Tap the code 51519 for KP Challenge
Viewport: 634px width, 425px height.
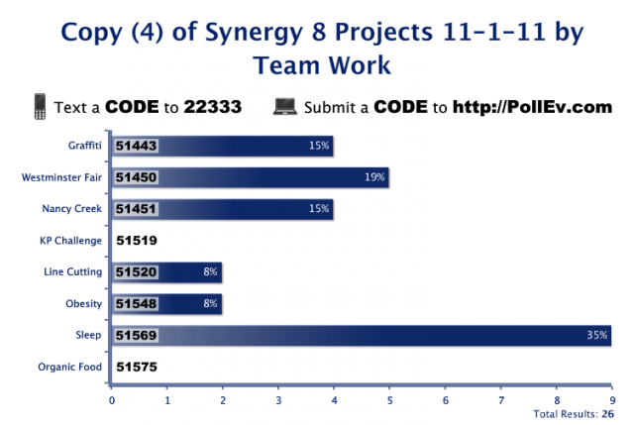(137, 240)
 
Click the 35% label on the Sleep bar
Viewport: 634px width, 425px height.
(596, 336)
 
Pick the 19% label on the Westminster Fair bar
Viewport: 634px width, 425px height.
(373, 177)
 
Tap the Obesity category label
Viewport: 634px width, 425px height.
(84, 303)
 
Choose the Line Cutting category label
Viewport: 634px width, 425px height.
(71, 271)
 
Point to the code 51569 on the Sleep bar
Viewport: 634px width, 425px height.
(137, 335)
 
